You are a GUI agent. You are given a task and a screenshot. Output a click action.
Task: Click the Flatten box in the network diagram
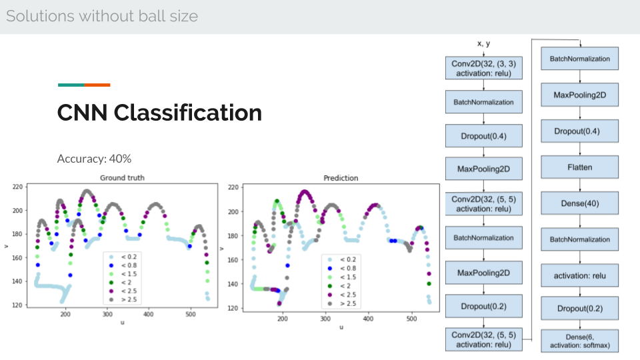tap(579, 167)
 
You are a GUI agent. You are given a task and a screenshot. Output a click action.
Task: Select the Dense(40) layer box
tap(579, 203)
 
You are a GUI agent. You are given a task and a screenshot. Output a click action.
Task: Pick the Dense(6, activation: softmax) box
tap(579, 341)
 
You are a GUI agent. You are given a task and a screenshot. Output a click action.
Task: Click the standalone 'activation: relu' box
tap(579, 275)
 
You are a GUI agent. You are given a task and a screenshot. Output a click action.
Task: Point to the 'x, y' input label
tap(484, 43)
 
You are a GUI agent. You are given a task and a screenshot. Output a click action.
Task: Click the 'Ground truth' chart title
tap(122, 177)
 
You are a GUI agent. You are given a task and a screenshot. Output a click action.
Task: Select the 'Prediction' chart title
tap(341, 178)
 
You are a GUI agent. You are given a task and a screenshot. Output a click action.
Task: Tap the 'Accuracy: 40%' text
tap(94, 159)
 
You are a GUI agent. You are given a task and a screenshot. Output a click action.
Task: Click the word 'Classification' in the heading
tap(188, 113)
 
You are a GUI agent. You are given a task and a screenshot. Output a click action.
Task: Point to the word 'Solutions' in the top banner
tap(41, 16)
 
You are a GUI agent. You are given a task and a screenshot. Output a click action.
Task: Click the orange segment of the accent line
tap(97, 85)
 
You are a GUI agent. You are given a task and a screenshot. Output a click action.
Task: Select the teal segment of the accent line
tap(71, 85)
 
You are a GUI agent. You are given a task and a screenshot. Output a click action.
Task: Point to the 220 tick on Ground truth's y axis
tap(17, 187)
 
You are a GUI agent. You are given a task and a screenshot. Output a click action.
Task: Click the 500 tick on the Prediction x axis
tap(411, 319)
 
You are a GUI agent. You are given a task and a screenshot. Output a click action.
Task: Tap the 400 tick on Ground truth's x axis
tap(149, 314)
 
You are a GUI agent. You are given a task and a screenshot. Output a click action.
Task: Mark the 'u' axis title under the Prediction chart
tap(341, 327)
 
